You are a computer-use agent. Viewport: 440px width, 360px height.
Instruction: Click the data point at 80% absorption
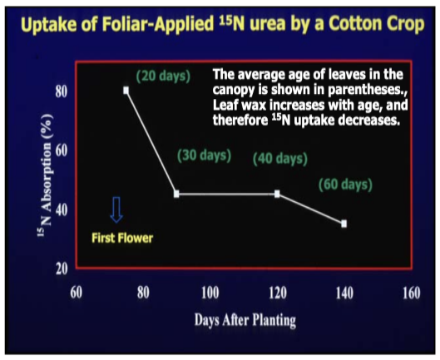pos(126,91)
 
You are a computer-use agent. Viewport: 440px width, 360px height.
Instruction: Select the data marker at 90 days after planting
pos(176,194)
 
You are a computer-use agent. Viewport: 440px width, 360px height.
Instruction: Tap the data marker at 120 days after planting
pos(277,194)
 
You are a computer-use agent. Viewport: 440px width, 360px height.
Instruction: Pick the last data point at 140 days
pos(344,224)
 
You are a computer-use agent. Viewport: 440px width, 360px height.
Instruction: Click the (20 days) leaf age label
pos(163,76)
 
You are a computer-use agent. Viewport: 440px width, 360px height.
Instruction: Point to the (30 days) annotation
pos(205,155)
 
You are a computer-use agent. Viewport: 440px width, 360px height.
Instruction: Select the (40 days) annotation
pos(280,159)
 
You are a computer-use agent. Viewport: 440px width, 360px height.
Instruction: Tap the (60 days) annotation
pos(346,185)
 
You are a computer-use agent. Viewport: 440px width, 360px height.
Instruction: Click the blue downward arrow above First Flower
pos(116,210)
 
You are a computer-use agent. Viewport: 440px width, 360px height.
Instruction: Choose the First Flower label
pos(122,238)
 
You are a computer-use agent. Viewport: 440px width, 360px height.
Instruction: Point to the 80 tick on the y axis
pos(62,91)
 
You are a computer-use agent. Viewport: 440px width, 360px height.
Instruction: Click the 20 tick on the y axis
pos(62,269)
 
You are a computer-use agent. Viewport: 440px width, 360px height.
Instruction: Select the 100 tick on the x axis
pos(210,293)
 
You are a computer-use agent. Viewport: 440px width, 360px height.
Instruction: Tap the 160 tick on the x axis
pos(412,293)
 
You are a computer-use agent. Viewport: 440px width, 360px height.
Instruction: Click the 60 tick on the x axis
pos(76,293)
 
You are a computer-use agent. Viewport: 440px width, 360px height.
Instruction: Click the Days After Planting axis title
pos(245,320)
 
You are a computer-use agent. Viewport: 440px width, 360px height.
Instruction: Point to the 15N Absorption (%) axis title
pos(46,175)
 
